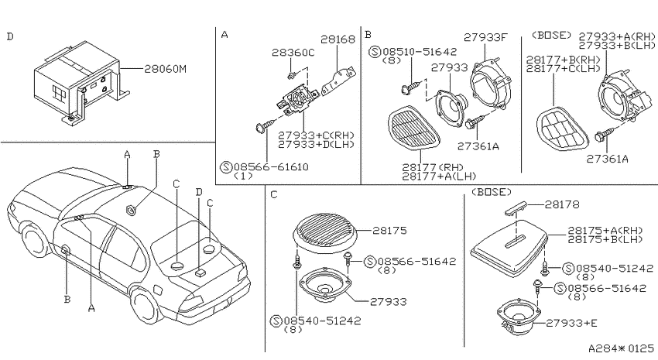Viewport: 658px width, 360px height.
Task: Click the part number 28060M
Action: click(x=166, y=69)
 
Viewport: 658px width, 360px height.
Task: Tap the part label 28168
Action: click(x=338, y=39)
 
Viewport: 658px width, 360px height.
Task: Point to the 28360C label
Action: click(x=293, y=53)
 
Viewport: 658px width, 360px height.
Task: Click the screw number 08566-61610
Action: click(x=271, y=167)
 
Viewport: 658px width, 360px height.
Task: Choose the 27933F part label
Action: click(x=485, y=38)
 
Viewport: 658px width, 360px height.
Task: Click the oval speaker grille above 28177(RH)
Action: click(x=413, y=129)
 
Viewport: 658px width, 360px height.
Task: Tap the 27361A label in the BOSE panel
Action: click(x=607, y=159)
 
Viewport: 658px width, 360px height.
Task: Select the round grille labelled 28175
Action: click(x=325, y=233)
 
